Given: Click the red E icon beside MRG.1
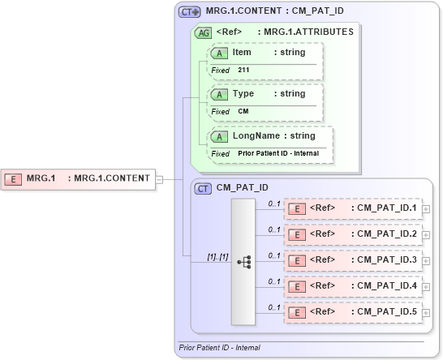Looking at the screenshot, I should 13,178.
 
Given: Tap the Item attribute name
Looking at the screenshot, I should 242,52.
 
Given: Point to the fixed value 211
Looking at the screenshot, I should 243,71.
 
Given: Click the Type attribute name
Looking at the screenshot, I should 243,93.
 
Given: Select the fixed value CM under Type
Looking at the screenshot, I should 243,111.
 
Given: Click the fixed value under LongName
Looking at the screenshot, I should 278,153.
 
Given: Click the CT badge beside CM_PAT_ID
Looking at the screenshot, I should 203,188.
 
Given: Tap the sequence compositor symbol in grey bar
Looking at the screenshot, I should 243,262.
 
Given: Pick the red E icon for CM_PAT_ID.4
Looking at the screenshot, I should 298,287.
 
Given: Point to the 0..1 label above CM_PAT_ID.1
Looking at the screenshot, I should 274,203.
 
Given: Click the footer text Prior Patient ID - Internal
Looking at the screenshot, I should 219,348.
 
